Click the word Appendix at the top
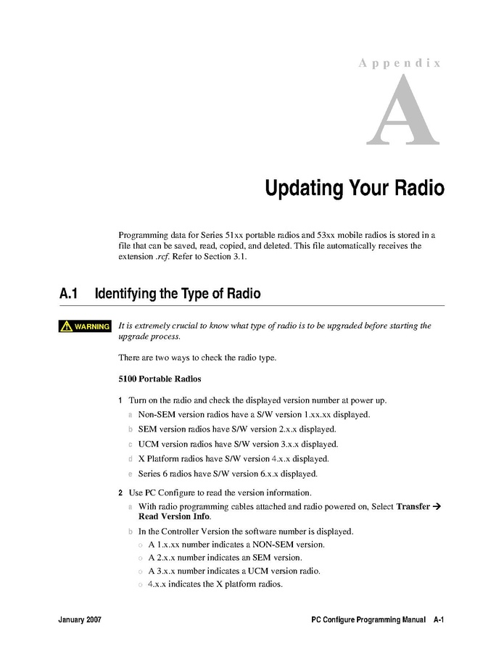tap(400, 63)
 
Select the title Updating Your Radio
tap(354, 189)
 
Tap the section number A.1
tap(68, 294)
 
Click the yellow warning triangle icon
tap(67, 326)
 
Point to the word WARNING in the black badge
tap(91, 326)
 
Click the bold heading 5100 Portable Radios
tap(159, 379)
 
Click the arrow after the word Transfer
tap(437, 506)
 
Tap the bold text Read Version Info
tap(174, 516)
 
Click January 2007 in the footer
tap(80, 620)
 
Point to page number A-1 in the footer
tap(439, 620)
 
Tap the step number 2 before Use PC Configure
tap(121, 492)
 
